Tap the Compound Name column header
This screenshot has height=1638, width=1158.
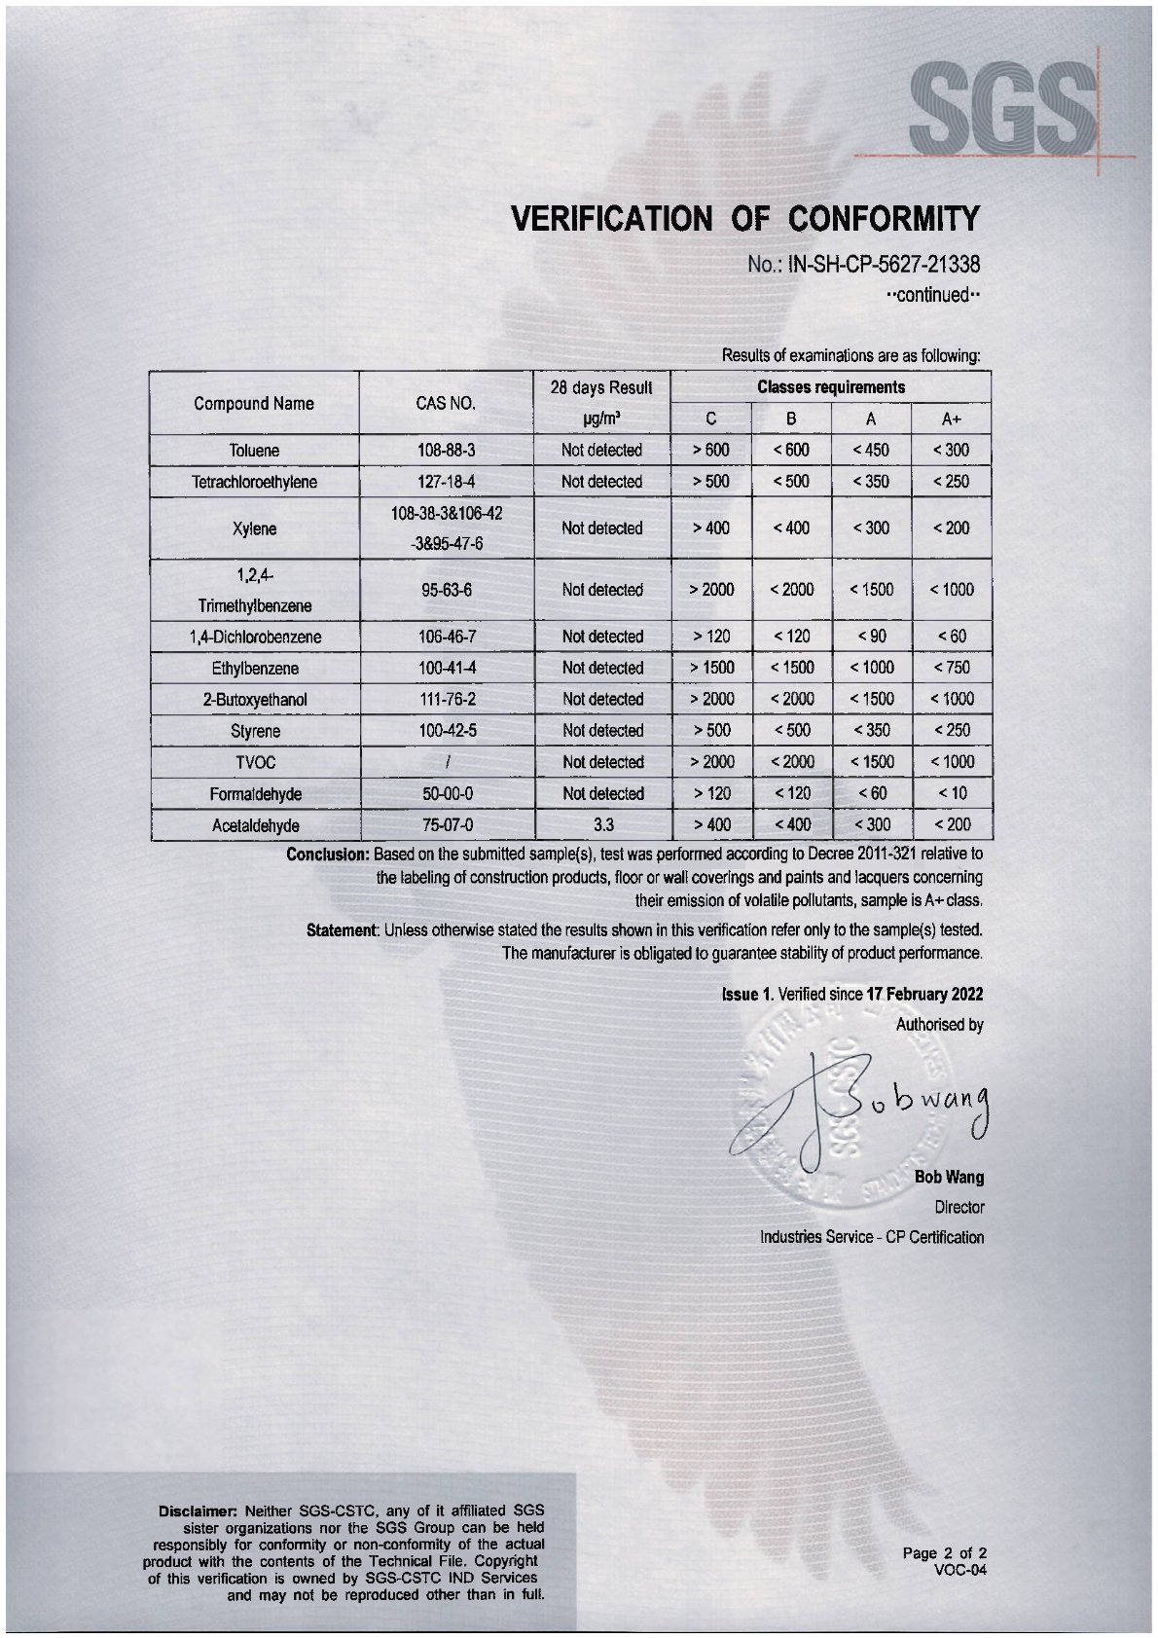pyautogui.click(x=254, y=403)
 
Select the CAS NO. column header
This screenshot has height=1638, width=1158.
pyautogui.click(x=446, y=403)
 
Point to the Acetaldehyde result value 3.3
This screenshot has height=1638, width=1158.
pyautogui.click(x=602, y=825)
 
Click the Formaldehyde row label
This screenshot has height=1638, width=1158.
pyautogui.click(x=255, y=794)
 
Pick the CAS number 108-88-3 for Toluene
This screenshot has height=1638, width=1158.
pyautogui.click(x=446, y=451)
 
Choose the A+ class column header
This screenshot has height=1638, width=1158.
pyautogui.click(x=951, y=419)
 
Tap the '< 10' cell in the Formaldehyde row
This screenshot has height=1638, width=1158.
pyautogui.click(x=951, y=793)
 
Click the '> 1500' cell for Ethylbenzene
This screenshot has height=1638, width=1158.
pyautogui.click(x=711, y=668)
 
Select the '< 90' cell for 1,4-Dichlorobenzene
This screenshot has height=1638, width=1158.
pyautogui.click(x=870, y=637)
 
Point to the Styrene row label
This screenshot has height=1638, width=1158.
pyautogui.click(x=255, y=731)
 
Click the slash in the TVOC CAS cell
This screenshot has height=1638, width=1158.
pyautogui.click(x=446, y=762)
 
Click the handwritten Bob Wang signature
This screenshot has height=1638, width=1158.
pyautogui.click(x=876, y=1105)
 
